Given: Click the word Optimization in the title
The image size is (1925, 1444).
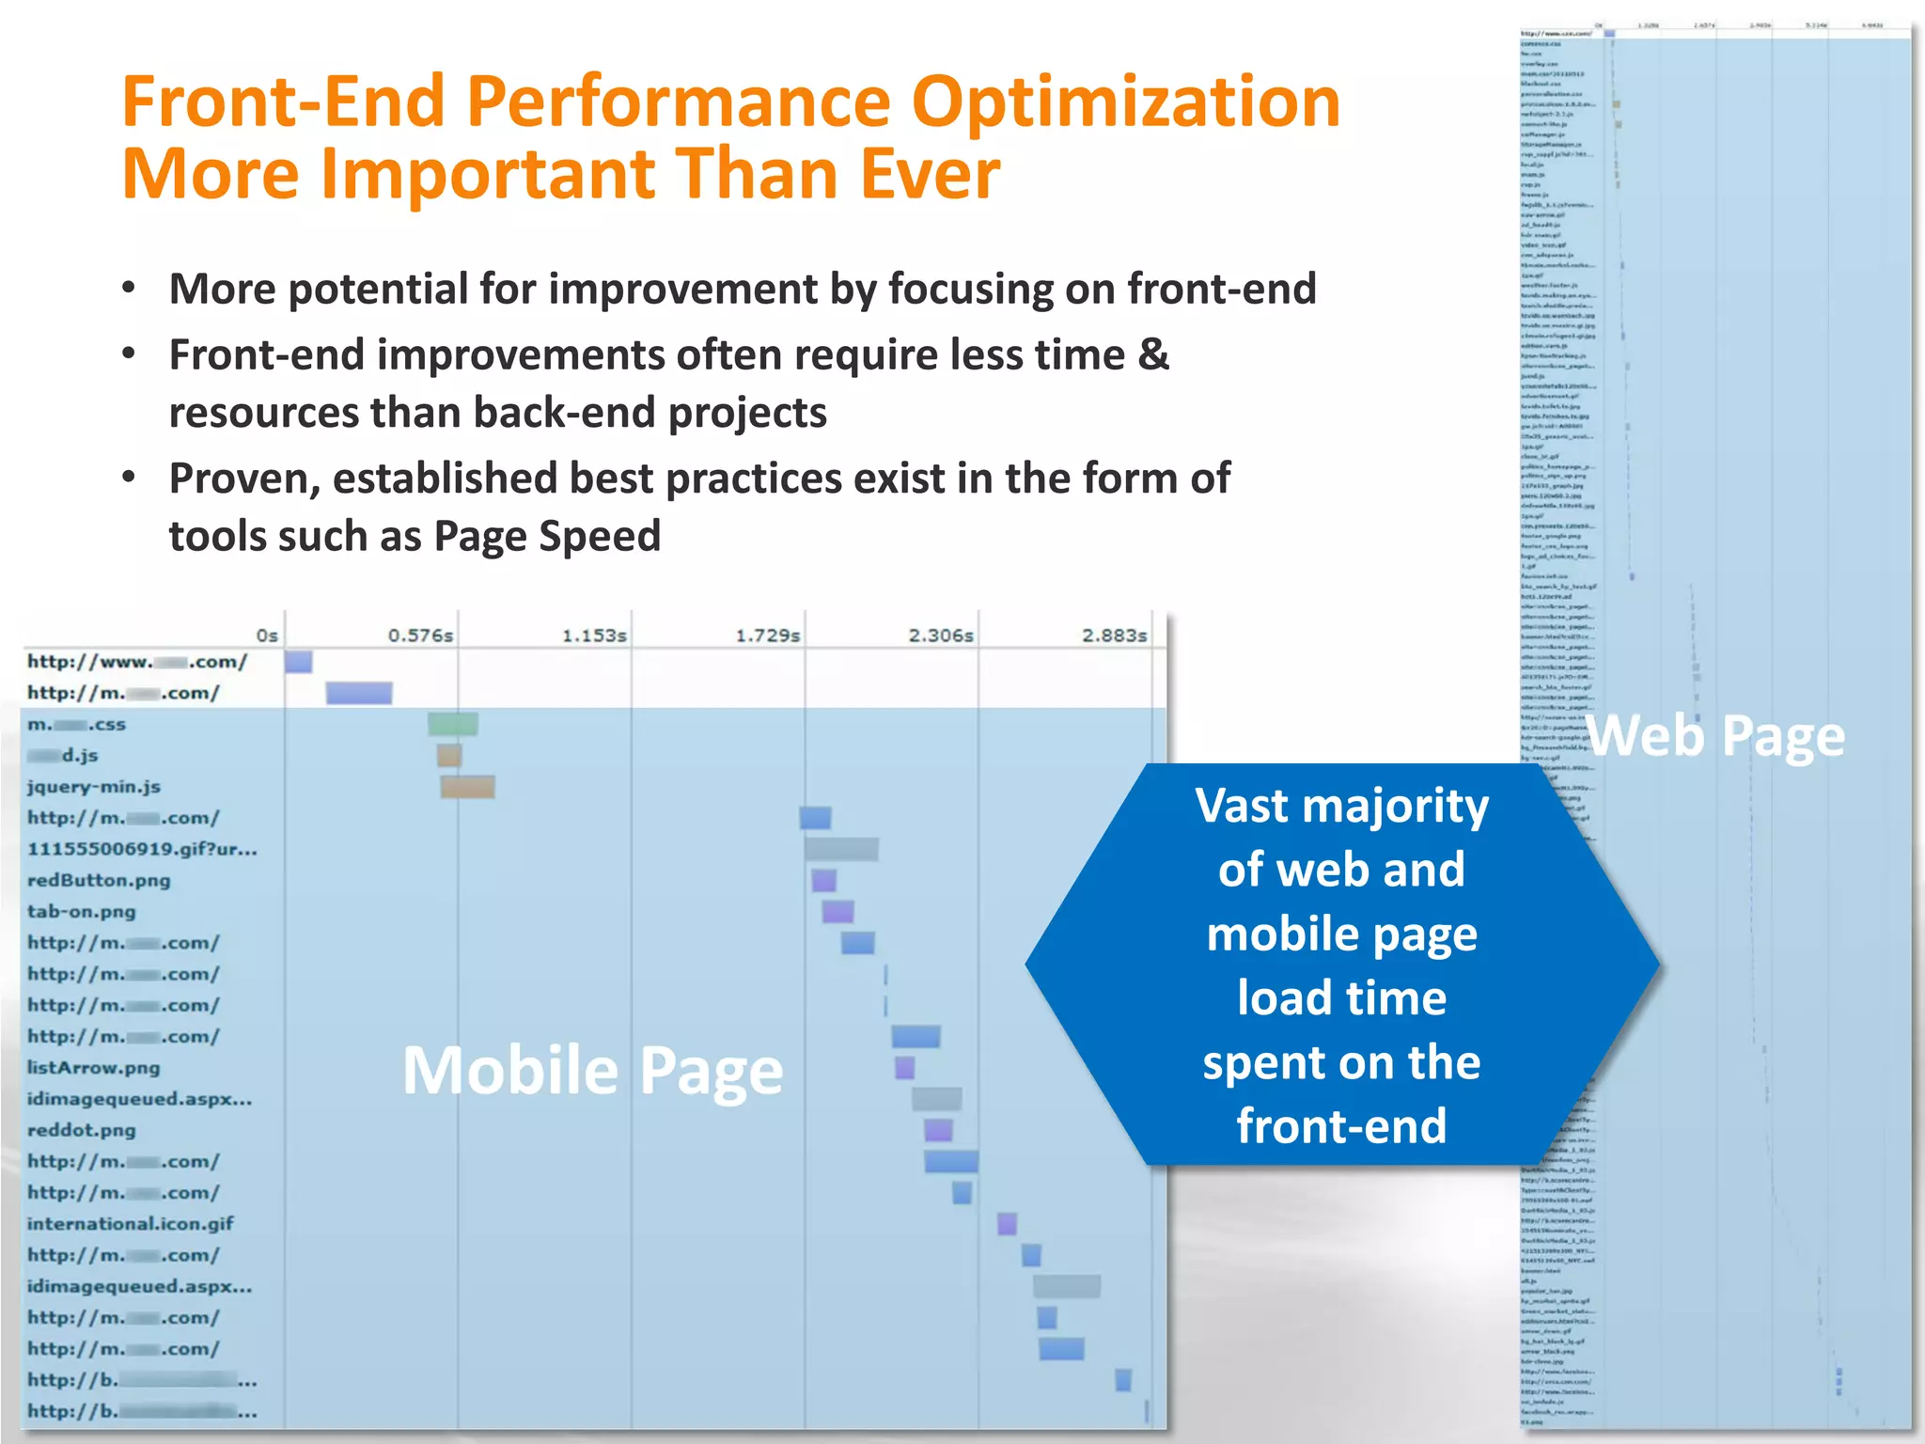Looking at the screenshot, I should click(1125, 102).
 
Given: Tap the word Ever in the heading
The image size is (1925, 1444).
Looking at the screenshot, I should click(930, 175).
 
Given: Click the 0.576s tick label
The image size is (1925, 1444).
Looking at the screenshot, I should click(420, 636).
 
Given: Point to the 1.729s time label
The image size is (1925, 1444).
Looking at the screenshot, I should click(767, 636).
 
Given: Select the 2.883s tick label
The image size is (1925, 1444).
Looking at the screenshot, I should click(1114, 636).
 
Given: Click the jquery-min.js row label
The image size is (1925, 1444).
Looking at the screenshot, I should click(94, 787).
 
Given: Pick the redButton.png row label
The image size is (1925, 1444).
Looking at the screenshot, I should click(99, 881).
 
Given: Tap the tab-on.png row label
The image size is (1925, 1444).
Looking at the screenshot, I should click(82, 912).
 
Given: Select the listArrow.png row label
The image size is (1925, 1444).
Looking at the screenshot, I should click(94, 1068).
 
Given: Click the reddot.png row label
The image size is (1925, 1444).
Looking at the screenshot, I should click(82, 1130).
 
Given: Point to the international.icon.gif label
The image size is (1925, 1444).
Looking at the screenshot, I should click(131, 1224).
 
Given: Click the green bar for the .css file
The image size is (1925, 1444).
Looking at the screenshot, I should click(453, 724).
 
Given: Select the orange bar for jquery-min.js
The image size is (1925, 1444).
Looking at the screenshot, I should click(468, 787).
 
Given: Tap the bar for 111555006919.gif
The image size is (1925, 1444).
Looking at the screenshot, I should click(841, 850).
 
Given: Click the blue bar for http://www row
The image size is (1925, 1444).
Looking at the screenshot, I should click(299, 662).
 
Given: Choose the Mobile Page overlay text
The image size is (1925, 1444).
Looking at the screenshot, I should click(592, 1071).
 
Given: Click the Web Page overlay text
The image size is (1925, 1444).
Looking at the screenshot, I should click(1716, 736).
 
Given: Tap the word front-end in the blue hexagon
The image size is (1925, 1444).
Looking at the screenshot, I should click(1341, 1125).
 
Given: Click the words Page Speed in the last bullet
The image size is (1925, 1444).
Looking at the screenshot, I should click(547, 537).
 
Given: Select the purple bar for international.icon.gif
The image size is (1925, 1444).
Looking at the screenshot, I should click(1007, 1224).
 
